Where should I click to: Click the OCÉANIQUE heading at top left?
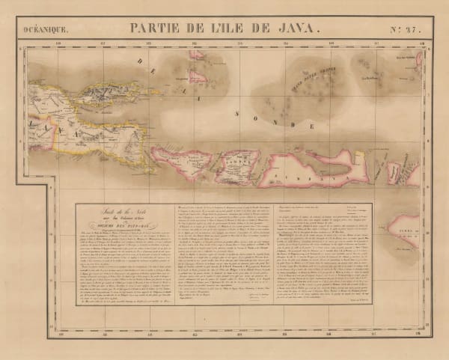(x=44, y=30)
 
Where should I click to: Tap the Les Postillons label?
(x=368, y=77)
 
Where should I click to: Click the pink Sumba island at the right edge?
(x=407, y=228)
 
